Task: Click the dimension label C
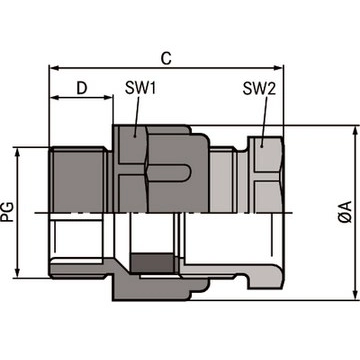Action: pos(166,59)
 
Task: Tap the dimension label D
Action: pos(82,89)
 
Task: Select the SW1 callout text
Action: pos(140,89)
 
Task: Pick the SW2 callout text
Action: pos(259,89)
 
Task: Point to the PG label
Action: pos(7,212)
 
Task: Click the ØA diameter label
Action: pos(345,212)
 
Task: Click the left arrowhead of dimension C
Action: pos(54,68)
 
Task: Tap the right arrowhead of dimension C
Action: pos(279,68)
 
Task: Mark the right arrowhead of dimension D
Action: pos(109,97)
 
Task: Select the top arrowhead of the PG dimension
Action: pos(18,152)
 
